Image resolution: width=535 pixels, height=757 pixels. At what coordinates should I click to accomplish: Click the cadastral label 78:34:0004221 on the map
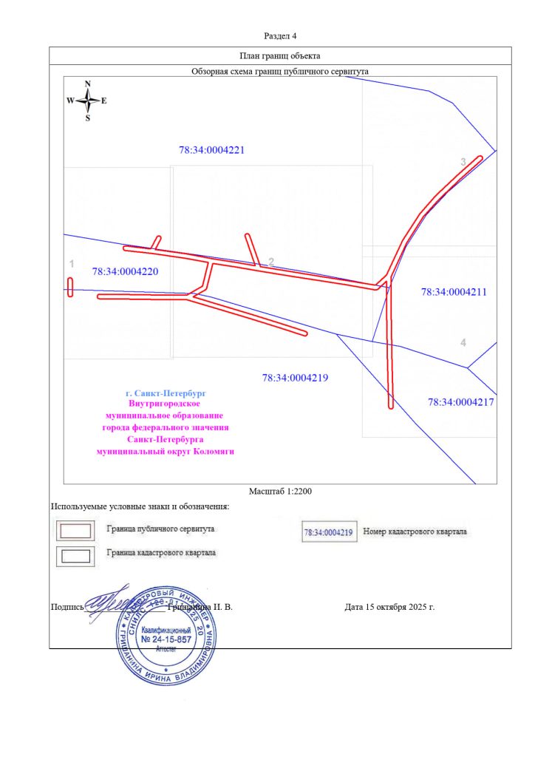211,149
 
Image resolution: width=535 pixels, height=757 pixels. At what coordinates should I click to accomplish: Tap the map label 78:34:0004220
125,271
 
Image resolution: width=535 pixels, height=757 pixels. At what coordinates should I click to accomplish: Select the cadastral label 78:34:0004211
454,292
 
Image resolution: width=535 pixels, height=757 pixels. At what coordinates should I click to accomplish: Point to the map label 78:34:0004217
460,402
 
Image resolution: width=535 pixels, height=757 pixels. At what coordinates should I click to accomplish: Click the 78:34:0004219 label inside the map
295,378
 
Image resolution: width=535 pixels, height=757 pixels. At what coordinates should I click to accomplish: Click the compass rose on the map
87,101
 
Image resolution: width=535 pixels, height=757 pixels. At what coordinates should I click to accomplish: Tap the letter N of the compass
87,84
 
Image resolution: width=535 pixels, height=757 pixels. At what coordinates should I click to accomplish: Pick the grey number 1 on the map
72,264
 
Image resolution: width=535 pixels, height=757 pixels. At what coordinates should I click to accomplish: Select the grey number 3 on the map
463,162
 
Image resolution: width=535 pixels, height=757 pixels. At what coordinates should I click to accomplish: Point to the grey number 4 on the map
463,342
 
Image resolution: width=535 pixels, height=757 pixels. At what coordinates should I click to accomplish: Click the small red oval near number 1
70,287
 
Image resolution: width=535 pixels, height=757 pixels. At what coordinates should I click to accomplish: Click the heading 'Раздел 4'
280,35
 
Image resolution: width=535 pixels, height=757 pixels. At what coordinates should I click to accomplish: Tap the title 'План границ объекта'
280,55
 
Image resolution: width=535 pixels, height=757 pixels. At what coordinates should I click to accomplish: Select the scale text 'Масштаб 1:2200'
280,491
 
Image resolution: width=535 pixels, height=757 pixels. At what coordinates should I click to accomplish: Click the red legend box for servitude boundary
75,531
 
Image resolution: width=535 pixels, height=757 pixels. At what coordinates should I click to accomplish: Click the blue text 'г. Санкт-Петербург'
166,393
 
